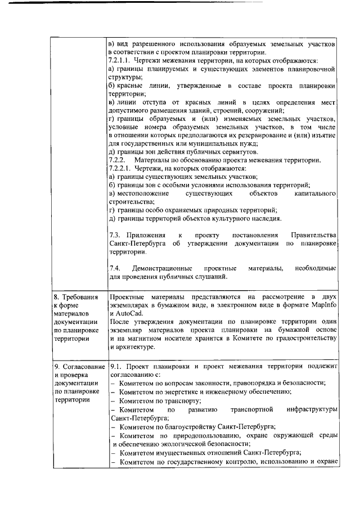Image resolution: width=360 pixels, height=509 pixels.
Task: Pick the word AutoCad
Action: point(132,312)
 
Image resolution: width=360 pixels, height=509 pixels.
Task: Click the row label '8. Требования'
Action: point(75,296)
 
